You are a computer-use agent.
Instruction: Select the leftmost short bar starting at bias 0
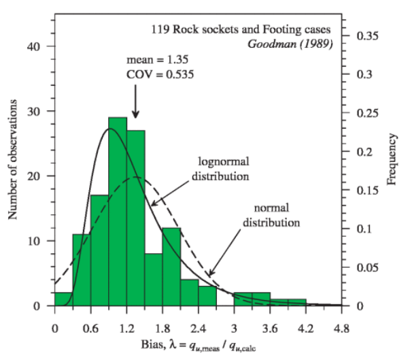[63, 299]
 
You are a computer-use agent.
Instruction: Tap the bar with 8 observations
[154, 279]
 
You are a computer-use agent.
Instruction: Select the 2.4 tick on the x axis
[198, 330]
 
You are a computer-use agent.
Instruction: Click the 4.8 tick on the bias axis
[342, 330]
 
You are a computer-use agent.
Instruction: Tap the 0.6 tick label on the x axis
[90, 330]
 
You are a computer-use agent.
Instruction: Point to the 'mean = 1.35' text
[155, 59]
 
